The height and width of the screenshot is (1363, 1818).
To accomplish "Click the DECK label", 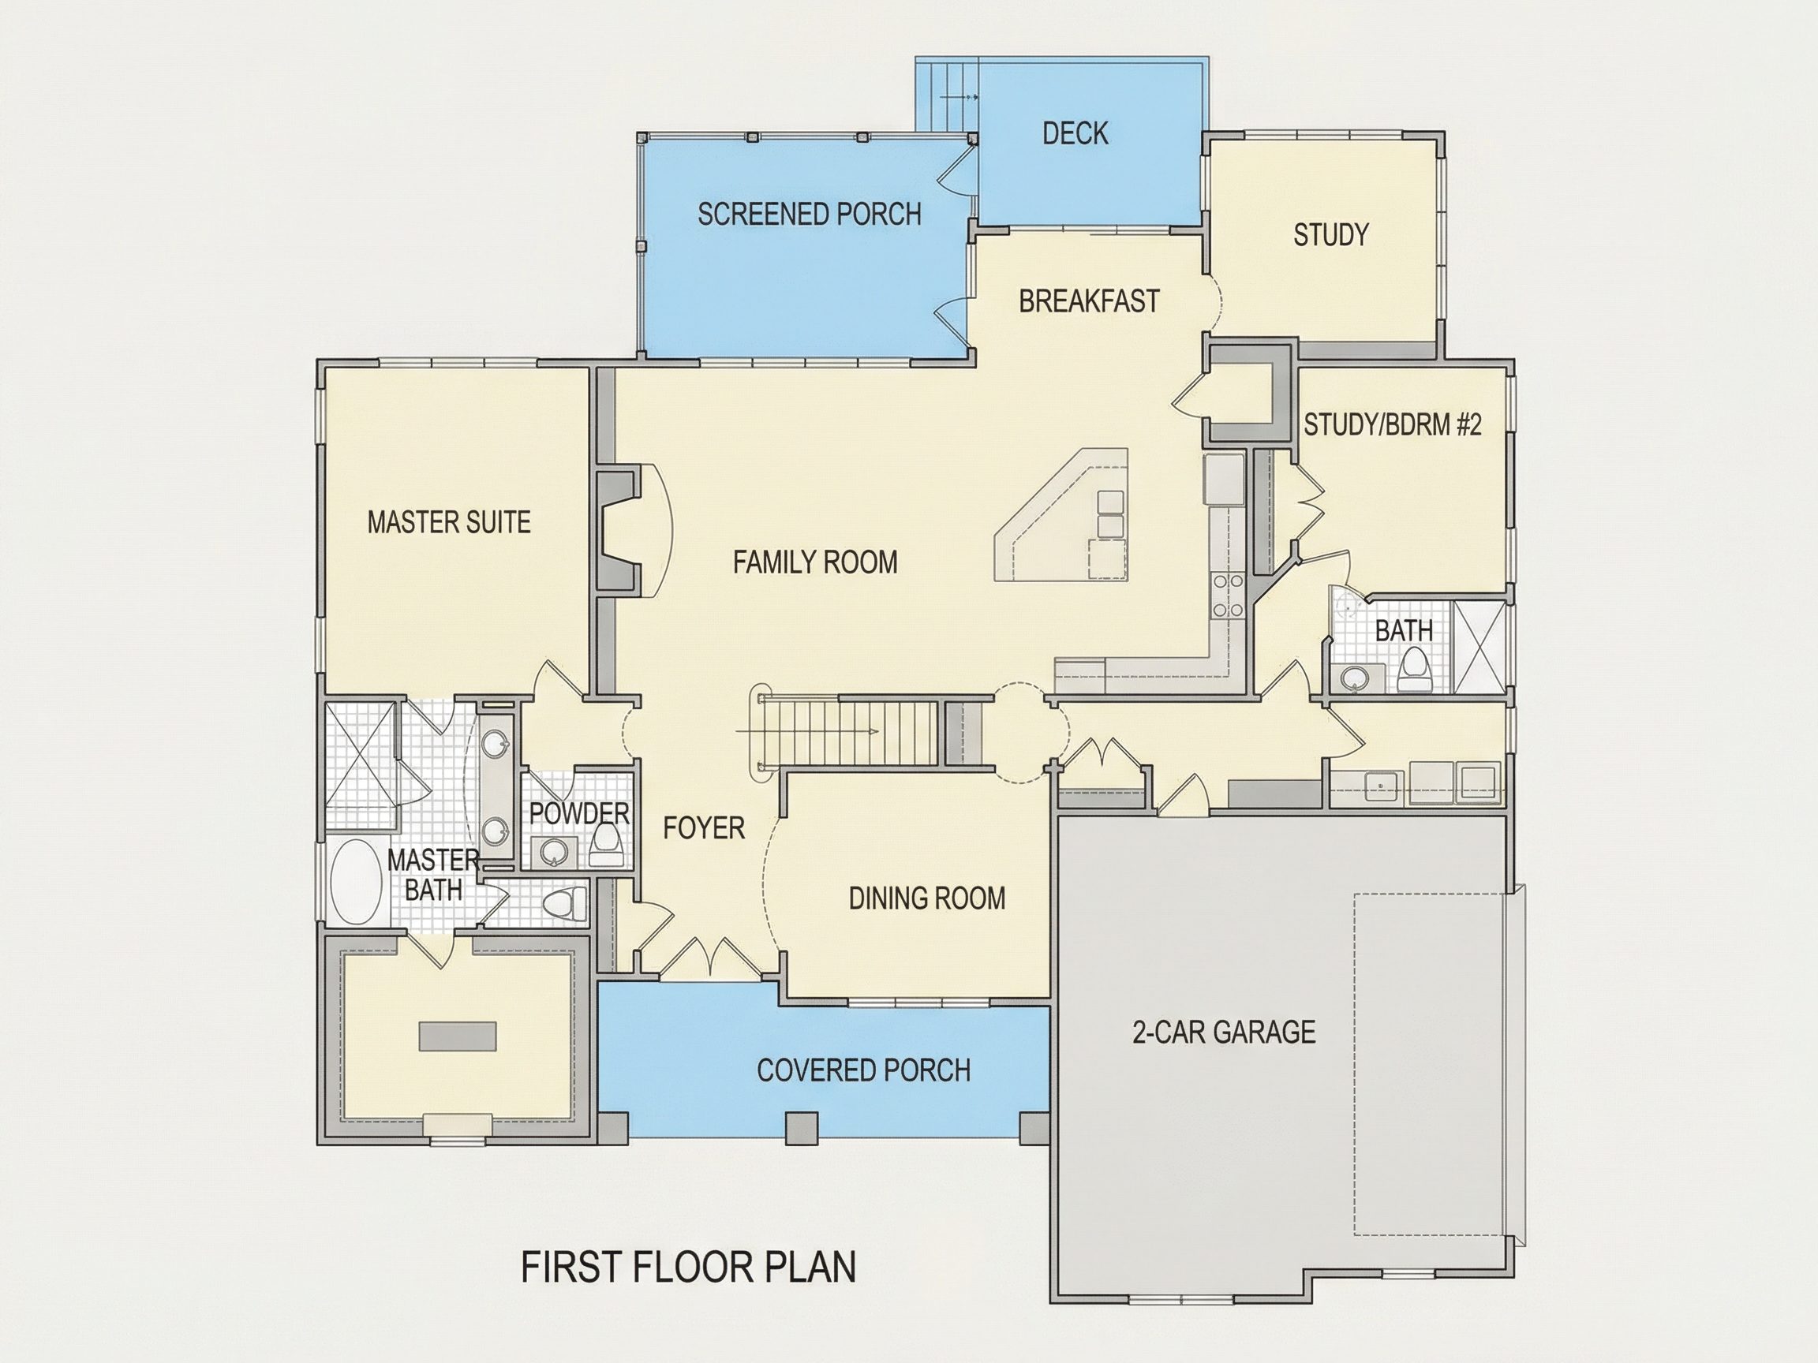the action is (1075, 133).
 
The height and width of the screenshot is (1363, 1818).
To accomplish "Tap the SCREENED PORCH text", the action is (810, 215).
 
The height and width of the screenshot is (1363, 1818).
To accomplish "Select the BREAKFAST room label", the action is (1089, 301).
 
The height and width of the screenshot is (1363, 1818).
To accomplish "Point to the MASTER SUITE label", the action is (449, 522).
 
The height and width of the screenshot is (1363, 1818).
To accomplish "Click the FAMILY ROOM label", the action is (815, 562).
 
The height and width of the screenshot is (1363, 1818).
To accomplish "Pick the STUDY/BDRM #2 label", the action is (1392, 425).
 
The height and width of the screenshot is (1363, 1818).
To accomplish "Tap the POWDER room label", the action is (579, 814).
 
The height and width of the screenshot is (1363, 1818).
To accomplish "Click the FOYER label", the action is (705, 828).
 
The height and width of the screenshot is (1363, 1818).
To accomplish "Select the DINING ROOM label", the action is (927, 898).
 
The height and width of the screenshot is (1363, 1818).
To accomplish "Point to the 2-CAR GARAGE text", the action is (1224, 1032).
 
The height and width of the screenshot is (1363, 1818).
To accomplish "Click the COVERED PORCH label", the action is (864, 1070).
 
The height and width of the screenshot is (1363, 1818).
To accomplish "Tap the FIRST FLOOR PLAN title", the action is (689, 1268).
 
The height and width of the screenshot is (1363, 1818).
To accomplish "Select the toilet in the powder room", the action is (606, 846).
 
